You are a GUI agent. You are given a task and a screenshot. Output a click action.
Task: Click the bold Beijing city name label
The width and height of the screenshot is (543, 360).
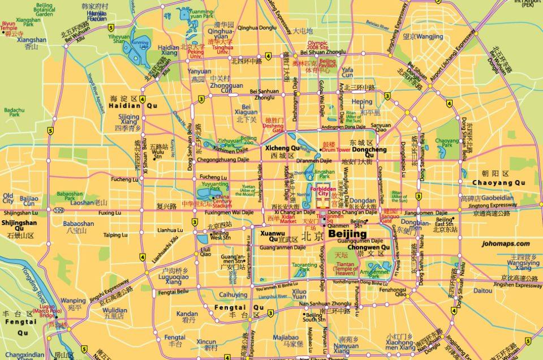point(348,233)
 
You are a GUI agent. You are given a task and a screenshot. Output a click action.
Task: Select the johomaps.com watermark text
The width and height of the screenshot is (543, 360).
point(506,243)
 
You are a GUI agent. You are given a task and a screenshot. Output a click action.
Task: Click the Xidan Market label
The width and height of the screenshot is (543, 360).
point(288,221)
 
